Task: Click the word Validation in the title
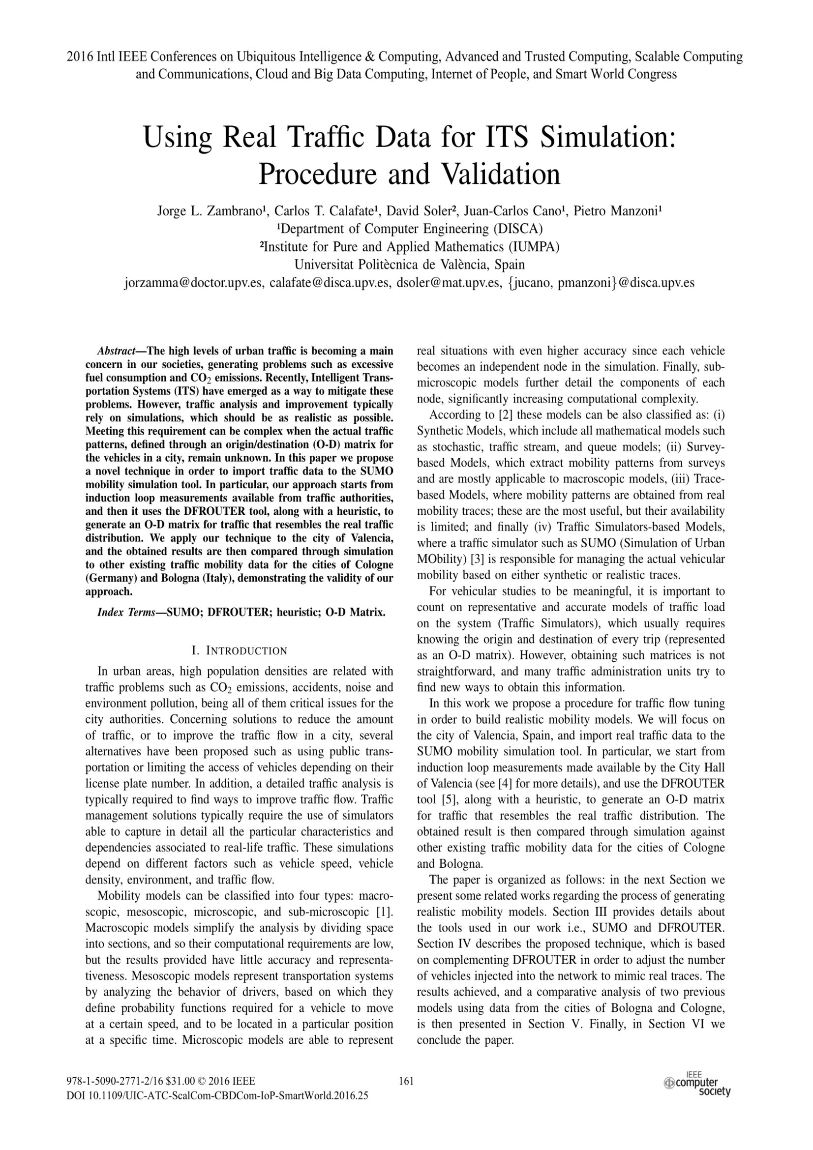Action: [501, 175]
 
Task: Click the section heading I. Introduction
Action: [240, 650]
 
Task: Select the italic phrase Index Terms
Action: [126, 612]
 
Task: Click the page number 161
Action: [406, 1081]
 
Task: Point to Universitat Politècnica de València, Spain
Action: [409, 265]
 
